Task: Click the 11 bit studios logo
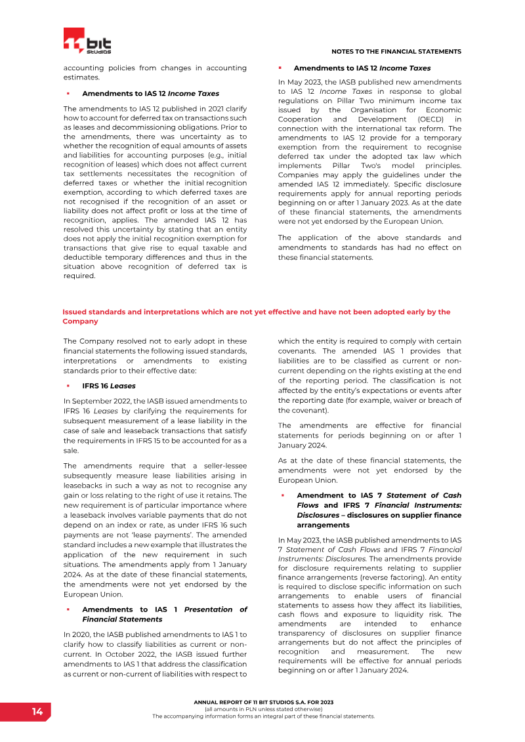(87, 42)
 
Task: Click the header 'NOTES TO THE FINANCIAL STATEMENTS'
(396, 51)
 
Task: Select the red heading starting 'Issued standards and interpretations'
(256, 316)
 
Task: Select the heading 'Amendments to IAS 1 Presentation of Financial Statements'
(164, 614)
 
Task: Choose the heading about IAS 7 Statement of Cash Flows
(379, 510)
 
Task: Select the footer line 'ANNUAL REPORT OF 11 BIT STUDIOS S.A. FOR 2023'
(263, 702)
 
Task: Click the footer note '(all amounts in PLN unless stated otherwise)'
(263, 709)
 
